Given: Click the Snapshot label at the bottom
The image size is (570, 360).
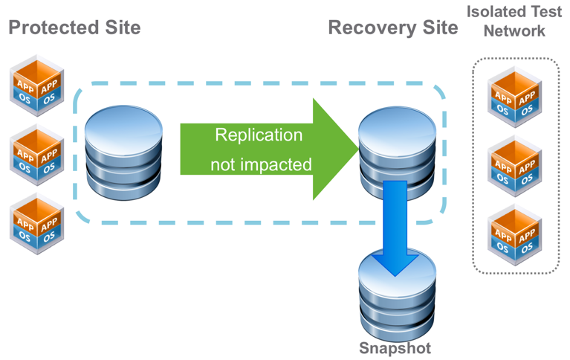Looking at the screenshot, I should click(x=395, y=348).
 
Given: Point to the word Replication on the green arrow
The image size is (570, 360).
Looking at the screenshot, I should click(x=259, y=135).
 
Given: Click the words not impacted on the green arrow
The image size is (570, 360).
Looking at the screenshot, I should click(x=261, y=164).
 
